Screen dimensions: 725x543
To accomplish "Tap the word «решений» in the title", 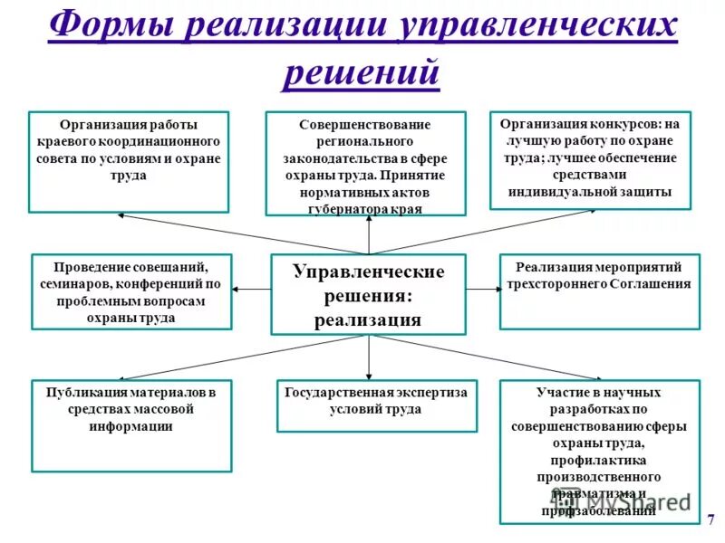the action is coord(362,72).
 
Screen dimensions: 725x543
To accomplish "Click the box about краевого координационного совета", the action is coord(130,161).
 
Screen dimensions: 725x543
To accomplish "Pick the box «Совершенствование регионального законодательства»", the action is coord(365,163).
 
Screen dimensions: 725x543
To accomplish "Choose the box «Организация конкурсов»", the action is coord(594,159).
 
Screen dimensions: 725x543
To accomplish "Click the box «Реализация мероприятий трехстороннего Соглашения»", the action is coord(600,291).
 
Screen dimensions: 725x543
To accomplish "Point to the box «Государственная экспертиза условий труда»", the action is coord(376,405).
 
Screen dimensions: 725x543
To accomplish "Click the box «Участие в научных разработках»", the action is coord(600,450).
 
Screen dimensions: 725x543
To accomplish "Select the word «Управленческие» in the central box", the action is coord(368,272).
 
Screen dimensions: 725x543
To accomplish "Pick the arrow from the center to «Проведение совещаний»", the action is coord(252,289).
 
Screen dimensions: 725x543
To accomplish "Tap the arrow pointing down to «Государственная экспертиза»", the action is coord(369,357).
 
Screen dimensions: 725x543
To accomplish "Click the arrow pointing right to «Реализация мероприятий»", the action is coord(483,289).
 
